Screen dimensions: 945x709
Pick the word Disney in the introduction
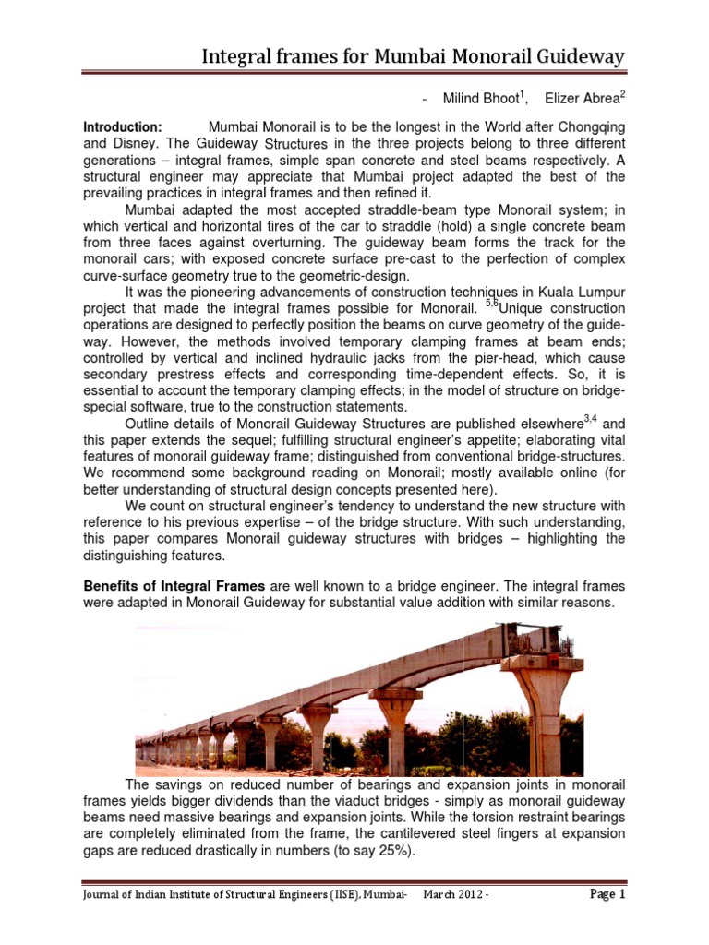click(136, 144)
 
